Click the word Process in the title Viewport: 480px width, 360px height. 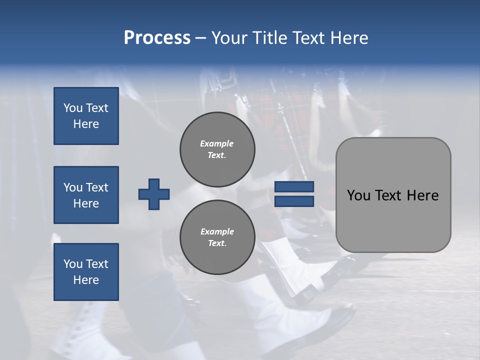click(157, 38)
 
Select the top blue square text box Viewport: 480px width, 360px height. click(86, 116)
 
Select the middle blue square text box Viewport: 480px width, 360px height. click(86, 195)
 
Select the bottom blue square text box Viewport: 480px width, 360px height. click(86, 272)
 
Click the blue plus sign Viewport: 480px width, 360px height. click(154, 194)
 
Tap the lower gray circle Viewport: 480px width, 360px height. click(217, 237)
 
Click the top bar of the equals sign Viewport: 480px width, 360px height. click(294, 187)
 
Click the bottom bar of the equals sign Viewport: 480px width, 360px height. click(294, 201)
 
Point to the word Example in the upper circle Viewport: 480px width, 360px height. click(217, 143)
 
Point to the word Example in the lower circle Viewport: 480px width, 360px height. click(217, 231)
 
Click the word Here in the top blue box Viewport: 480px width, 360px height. click(86, 124)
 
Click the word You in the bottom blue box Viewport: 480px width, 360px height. click(73, 264)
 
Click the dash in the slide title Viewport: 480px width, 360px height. click(200, 38)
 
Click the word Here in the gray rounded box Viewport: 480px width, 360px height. click(422, 195)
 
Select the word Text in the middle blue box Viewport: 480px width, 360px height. click(97, 187)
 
